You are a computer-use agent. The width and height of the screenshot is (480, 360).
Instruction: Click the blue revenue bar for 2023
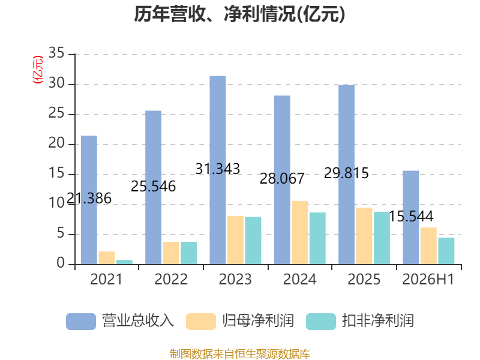click(218, 170)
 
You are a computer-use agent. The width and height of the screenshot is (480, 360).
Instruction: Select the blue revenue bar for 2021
click(89, 200)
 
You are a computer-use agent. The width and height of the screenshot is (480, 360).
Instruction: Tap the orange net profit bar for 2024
click(299, 233)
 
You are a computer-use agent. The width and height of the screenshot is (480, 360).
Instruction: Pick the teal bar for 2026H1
click(446, 251)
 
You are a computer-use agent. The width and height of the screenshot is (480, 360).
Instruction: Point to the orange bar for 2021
click(107, 258)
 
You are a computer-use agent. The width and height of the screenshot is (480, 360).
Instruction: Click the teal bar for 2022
click(188, 253)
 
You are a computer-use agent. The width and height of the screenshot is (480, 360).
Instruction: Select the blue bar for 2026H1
click(411, 217)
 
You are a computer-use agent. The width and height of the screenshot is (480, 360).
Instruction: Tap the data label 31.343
click(218, 169)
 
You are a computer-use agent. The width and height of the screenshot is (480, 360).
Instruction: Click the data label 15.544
click(411, 217)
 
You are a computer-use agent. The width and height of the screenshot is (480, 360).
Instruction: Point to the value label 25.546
click(154, 187)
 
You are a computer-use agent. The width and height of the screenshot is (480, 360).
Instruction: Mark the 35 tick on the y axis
click(56, 53)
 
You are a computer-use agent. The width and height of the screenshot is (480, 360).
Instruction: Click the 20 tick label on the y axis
click(56, 143)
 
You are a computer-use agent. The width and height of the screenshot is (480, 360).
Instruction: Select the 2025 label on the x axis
click(364, 279)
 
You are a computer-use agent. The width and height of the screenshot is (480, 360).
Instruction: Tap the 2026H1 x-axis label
click(428, 279)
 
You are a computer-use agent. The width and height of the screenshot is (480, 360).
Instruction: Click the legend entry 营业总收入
click(120, 321)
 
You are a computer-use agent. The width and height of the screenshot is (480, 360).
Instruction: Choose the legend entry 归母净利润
click(240, 321)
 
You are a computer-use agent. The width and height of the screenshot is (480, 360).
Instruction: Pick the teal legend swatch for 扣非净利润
click(321, 322)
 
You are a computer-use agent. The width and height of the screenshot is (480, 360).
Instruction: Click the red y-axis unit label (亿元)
click(38, 70)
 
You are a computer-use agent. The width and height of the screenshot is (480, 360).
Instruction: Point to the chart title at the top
click(239, 14)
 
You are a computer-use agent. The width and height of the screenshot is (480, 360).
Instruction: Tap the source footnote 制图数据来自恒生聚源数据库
click(240, 354)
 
